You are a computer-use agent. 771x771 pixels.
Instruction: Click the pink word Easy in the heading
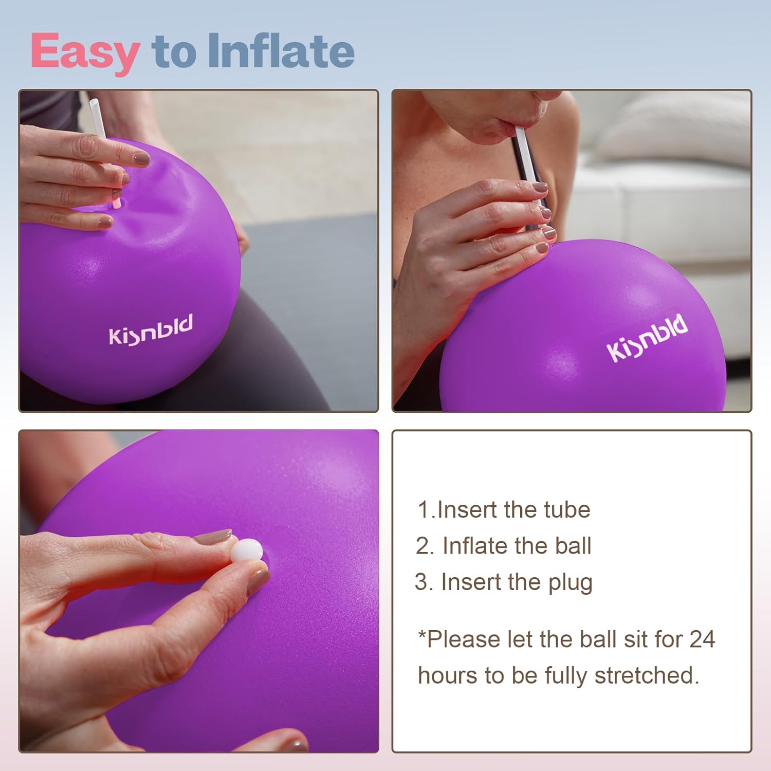tap(85, 53)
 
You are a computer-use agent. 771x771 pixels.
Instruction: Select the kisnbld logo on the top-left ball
tap(151, 330)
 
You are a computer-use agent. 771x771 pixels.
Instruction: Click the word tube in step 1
tap(567, 510)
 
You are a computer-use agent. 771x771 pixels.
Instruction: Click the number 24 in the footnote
tap(702, 639)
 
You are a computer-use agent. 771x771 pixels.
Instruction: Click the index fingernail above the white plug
tap(213, 538)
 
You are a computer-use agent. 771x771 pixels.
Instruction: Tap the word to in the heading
tap(173, 53)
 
